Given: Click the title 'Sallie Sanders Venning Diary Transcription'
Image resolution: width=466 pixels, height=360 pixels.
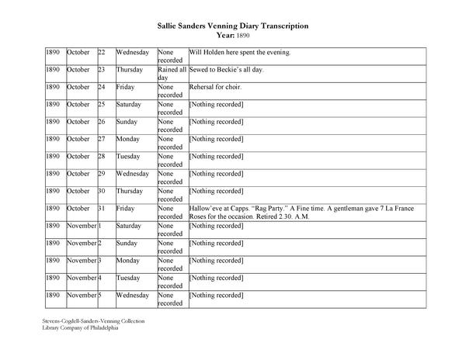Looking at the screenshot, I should tap(233, 26).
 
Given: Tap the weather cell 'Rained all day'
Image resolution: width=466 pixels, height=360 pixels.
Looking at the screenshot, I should tap(172, 74).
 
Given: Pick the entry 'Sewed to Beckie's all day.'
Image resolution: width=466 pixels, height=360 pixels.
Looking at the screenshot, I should tap(230, 69).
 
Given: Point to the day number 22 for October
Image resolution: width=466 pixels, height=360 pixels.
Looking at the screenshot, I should tap(102, 52).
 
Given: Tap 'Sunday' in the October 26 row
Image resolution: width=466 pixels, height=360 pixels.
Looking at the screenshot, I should tap(127, 121).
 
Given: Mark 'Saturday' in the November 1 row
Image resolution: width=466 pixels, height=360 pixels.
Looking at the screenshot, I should tap(130, 226).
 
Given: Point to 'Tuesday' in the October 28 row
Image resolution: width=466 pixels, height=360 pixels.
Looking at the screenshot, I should tap(128, 156).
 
